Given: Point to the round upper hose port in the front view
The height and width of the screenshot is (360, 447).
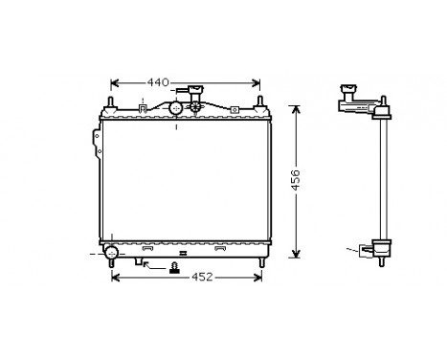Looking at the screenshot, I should [x=176, y=109].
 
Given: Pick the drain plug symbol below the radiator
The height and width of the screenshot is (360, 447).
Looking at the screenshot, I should [x=173, y=267].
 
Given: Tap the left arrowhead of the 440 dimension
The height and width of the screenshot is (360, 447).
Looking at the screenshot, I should [x=115, y=81].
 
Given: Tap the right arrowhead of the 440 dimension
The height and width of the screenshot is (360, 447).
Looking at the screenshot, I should [x=257, y=81].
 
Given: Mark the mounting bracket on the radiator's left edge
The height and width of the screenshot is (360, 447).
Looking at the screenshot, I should [x=96, y=144].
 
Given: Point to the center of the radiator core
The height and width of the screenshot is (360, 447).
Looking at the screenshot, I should [x=185, y=180].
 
